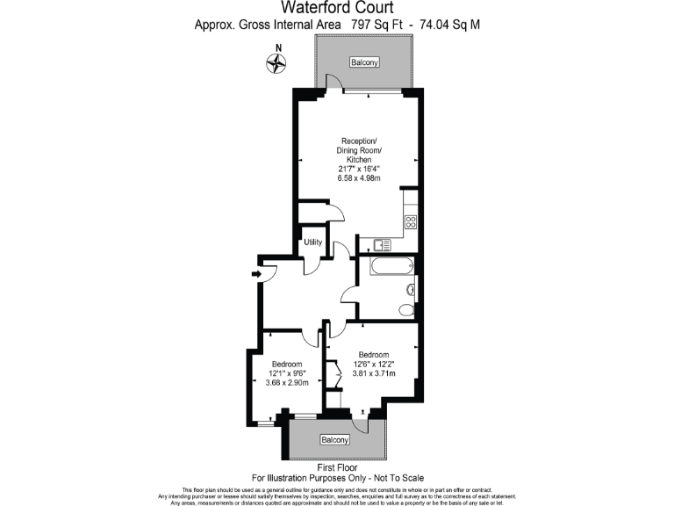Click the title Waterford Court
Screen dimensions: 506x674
[337, 8]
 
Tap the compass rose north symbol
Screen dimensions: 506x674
[278, 62]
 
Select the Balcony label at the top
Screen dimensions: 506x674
[364, 62]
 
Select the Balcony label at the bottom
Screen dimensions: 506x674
[334, 439]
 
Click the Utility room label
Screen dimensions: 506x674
[313, 242]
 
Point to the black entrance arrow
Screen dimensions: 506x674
[256, 275]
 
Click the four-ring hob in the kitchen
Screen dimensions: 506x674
[410, 223]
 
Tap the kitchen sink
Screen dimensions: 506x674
[381, 245]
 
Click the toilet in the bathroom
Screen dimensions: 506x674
[406, 309]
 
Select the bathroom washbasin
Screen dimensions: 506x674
[410, 289]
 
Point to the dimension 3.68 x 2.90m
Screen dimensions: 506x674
[287, 383]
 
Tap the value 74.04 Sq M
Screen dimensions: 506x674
[449, 25]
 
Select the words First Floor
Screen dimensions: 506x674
[337, 467]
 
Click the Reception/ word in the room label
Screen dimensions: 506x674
[359, 141]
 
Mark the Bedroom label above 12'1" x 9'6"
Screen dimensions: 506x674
[287, 364]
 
